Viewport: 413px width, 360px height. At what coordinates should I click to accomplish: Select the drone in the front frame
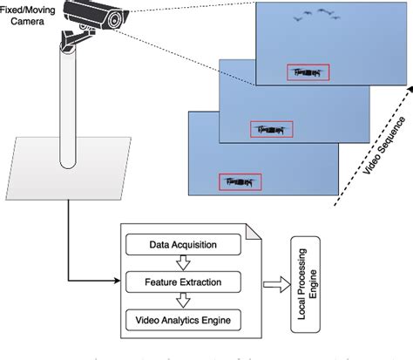[236, 182]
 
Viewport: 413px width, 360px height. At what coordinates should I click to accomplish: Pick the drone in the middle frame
[271, 129]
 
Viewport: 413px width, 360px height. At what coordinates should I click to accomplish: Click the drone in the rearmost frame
[308, 73]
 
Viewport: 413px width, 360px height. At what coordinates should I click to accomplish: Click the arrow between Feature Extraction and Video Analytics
[182, 302]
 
